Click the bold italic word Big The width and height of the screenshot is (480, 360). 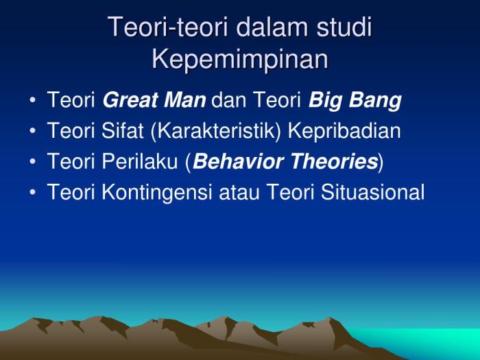(x=326, y=100)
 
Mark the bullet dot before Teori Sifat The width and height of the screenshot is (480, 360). (x=33, y=132)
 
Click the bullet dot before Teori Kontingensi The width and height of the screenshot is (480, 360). (x=33, y=193)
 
